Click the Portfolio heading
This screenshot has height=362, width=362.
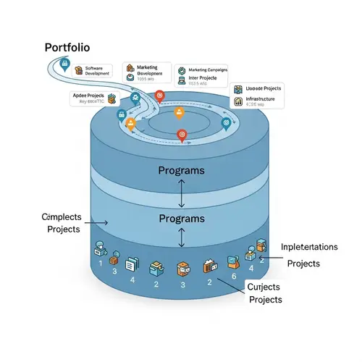(x=67, y=48)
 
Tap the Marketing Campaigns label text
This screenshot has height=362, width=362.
(x=207, y=70)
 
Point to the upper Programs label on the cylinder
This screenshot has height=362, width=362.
(x=181, y=171)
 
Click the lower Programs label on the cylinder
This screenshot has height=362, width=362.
(x=181, y=219)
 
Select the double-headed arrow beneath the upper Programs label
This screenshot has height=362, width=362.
(x=181, y=192)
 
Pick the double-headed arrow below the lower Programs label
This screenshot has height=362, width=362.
(x=181, y=237)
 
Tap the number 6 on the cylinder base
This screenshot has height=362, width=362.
(x=234, y=276)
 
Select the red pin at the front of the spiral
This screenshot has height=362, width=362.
(x=182, y=134)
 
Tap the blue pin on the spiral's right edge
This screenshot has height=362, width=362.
(x=227, y=123)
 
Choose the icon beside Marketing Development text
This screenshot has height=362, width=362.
(x=130, y=70)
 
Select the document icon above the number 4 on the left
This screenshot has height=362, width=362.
(x=132, y=264)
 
